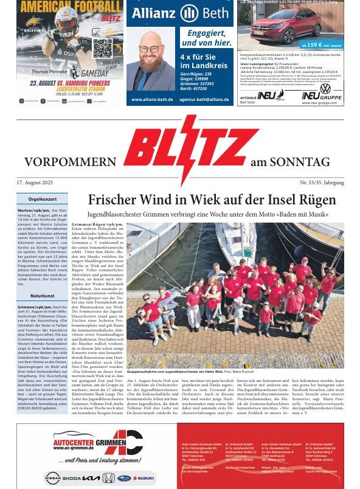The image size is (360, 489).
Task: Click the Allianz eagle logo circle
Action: [x=190, y=13]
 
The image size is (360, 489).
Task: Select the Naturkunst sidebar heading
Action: [x=45, y=296]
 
